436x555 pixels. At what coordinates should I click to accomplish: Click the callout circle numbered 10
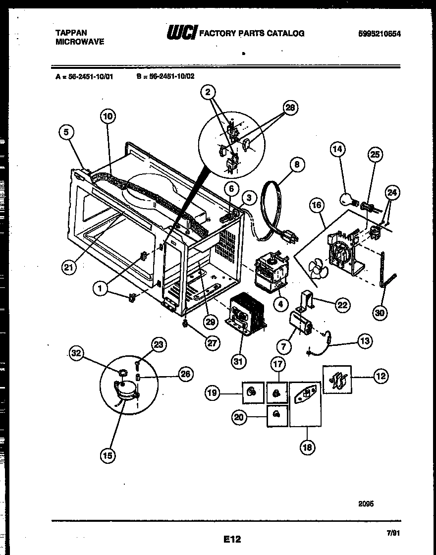108,117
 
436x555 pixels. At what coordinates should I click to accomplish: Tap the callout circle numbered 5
68,132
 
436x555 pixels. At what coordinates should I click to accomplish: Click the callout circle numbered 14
338,149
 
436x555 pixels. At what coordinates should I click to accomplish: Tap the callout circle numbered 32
76,353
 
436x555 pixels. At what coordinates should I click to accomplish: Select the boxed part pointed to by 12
337,379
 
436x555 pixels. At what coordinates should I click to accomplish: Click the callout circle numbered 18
307,447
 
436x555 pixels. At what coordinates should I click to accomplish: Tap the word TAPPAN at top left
71,33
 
